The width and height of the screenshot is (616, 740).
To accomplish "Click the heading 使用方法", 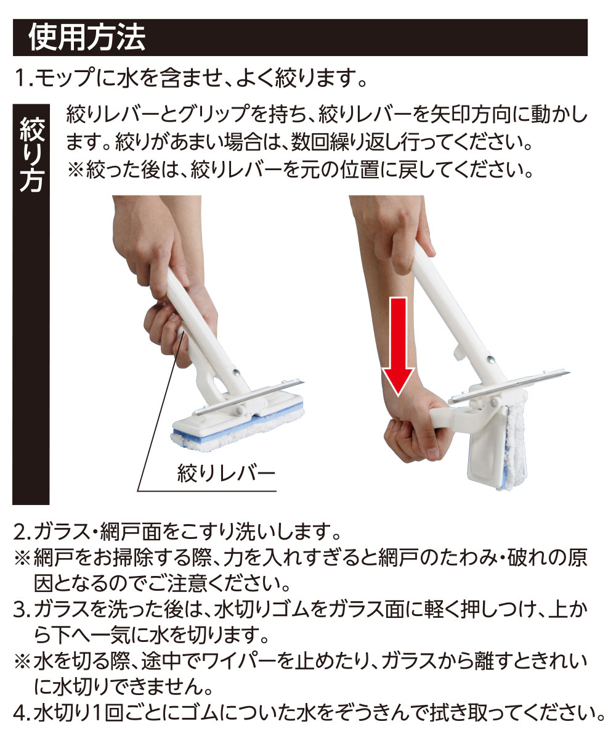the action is [87, 37].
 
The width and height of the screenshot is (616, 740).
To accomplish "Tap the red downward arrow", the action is [398, 347].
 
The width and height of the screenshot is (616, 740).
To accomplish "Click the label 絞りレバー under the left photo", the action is [226, 473].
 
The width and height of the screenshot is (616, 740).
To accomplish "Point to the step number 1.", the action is [22, 78].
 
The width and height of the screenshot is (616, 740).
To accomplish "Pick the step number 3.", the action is [21, 610].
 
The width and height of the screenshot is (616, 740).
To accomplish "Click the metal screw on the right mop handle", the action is [491, 360].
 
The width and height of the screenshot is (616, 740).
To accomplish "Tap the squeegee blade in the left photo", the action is [250, 398].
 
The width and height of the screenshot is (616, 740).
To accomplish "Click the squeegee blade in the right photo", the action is [509, 387].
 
